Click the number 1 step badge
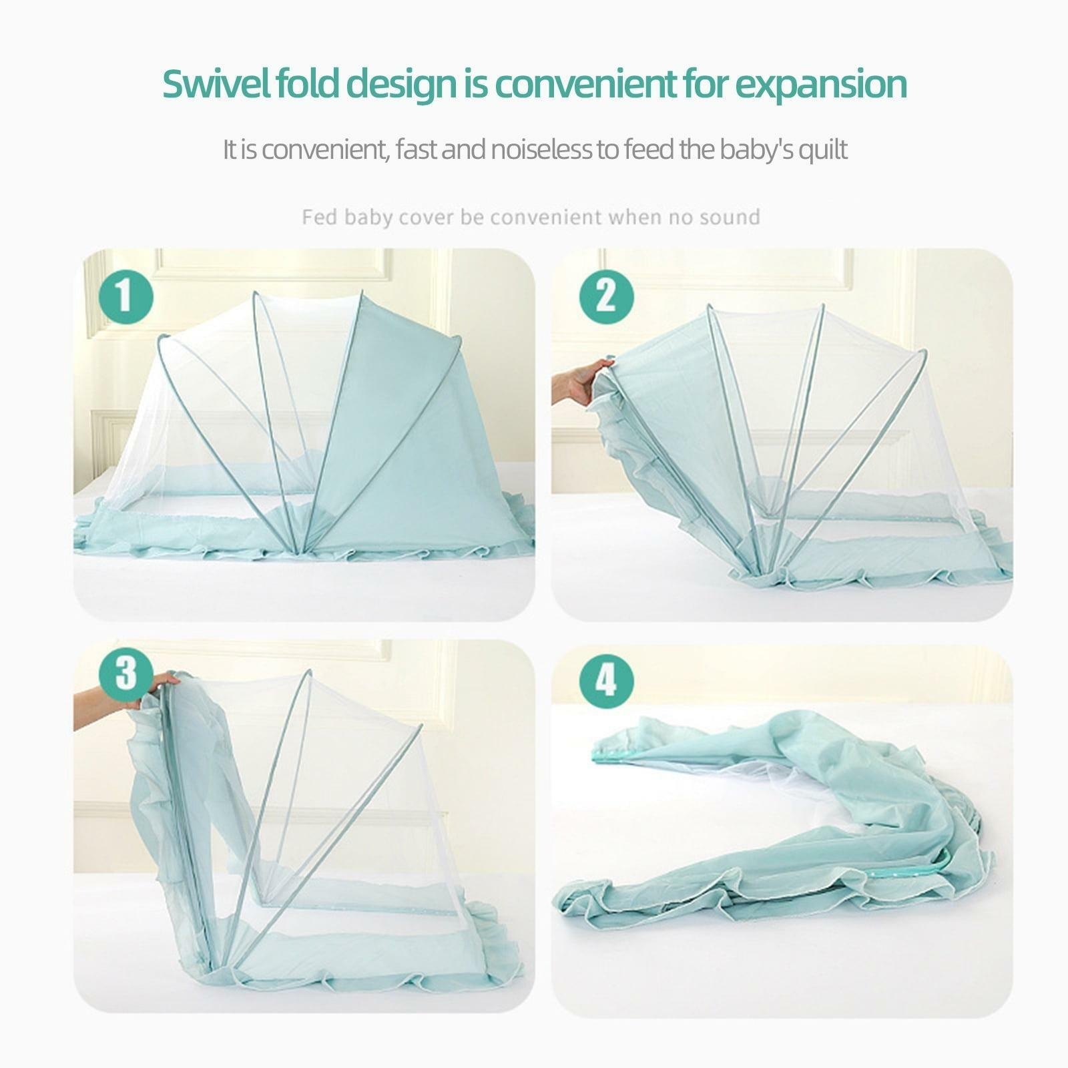(126, 295)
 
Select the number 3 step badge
(126, 674)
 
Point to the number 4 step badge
(605, 682)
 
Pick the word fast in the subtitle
(415, 150)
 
